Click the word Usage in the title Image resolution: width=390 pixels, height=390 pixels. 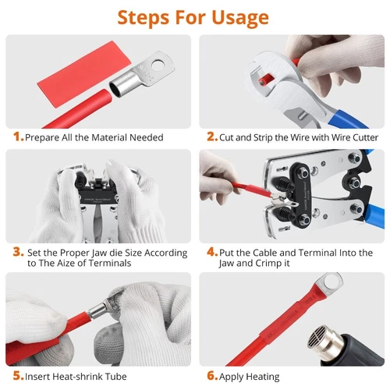[x=240, y=18]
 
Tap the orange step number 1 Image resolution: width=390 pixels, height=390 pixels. [x=18, y=136]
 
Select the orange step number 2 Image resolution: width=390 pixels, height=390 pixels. [x=211, y=136]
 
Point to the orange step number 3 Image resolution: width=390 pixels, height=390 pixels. [x=18, y=252]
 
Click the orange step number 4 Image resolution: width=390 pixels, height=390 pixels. [x=212, y=252]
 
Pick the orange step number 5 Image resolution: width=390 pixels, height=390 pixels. [x=18, y=376]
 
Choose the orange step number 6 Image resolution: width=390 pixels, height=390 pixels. [x=212, y=376]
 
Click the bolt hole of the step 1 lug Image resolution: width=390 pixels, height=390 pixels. [x=158, y=66]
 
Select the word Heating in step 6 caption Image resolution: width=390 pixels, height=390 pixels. [x=263, y=377]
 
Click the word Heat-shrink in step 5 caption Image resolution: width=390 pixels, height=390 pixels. [x=66, y=376]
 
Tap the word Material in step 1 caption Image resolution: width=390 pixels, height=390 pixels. [x=109, y=137]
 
